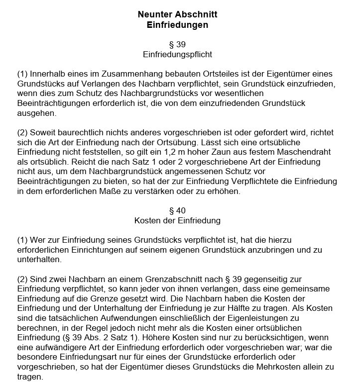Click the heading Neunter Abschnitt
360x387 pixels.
(x=177, y=14)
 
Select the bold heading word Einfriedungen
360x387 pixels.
(x=177, y=24)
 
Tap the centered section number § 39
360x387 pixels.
(x=177, y=44)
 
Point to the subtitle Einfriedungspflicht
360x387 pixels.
(x=177, y=54)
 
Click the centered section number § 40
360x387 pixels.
(x=177, y=210)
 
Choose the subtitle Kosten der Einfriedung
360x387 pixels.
(x=177, y=220)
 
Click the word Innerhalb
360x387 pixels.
(x=48, y=74)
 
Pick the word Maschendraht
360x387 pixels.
(x=297, y=152)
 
